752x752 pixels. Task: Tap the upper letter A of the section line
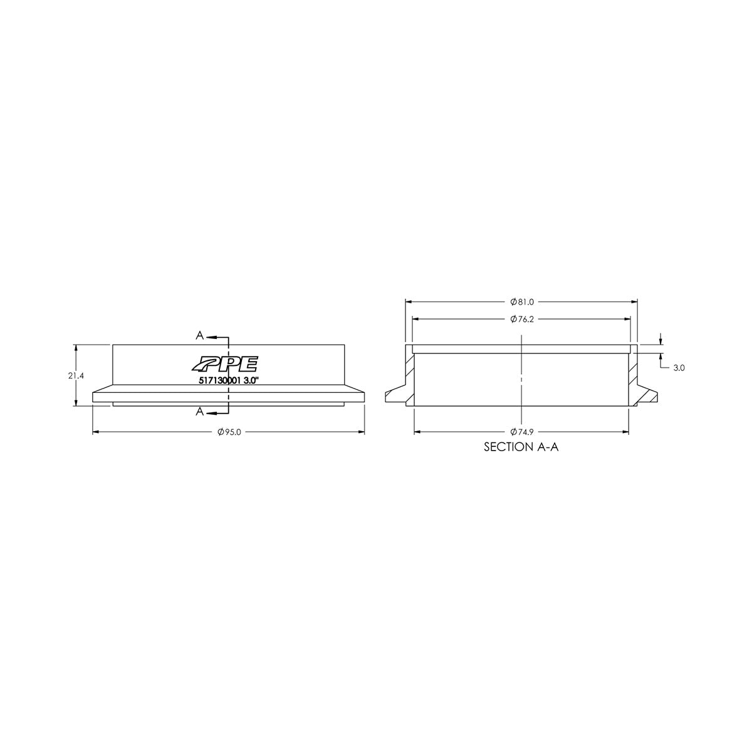[199, 336]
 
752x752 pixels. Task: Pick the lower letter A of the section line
[199, 411]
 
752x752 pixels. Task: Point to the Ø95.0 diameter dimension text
[228, 432]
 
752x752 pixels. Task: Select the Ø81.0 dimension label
[521, 301]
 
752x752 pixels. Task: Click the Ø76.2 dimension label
[521, 319]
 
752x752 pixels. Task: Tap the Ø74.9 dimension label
[521, 432]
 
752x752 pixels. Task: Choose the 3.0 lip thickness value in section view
[678, 368]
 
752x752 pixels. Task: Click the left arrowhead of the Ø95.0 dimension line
[96, 432]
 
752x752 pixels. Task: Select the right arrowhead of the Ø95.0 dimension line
[362, 432]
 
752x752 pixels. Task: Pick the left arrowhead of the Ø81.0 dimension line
[409, 301]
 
